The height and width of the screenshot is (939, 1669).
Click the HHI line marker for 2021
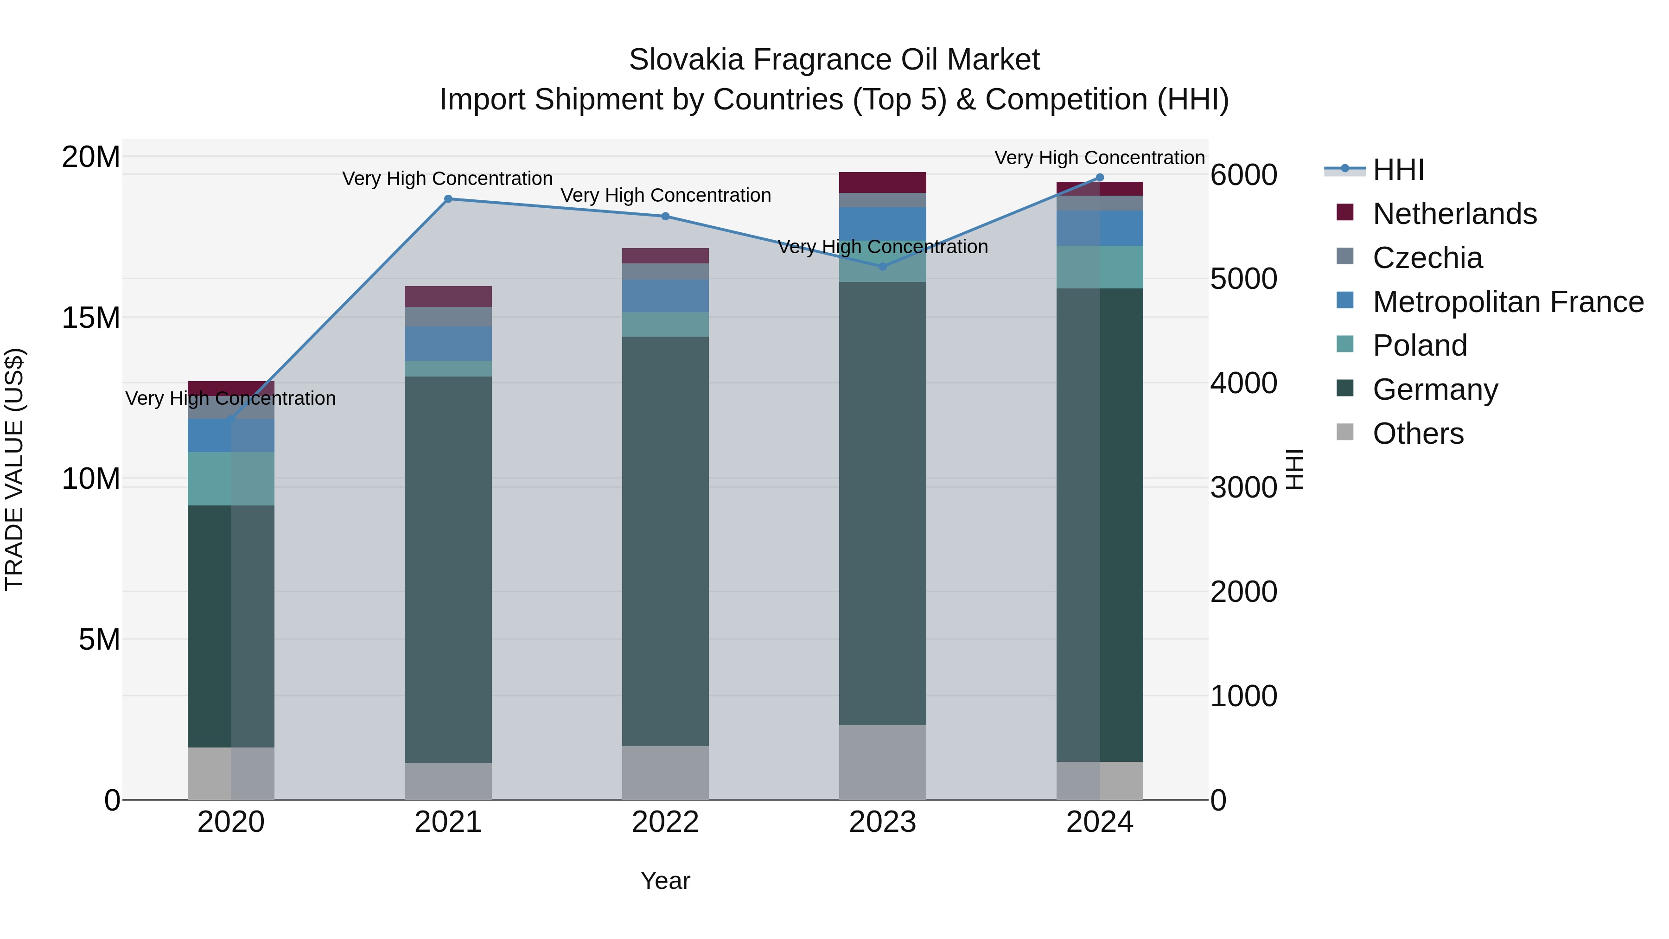tap(448, 199)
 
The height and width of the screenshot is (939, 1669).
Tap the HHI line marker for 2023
tap(882, 266)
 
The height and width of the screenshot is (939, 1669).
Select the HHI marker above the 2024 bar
tap(1100, 178)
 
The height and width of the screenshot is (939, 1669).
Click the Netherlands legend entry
tap(1454, 214)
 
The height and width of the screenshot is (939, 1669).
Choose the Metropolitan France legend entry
tap(1507, 302)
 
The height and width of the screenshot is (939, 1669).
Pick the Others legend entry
tap(1418, 434)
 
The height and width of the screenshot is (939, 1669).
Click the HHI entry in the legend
tap(1397, 170)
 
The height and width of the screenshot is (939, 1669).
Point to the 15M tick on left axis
tap(91, 318)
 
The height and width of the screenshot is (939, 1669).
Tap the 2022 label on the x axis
tap(665, 822)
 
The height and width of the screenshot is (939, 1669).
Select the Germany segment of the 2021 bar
tap(448, 570)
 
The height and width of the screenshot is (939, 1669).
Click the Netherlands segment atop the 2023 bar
tap(882, 182)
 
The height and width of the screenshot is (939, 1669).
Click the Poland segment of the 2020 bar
tap(231, 479)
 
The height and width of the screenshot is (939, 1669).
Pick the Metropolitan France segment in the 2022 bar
tap(665, 296)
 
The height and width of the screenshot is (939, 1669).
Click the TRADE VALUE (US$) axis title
tap(14, 469)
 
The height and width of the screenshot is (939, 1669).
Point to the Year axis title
tap(665, 881)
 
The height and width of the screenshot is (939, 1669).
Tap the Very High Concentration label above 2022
tap(665, 195)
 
